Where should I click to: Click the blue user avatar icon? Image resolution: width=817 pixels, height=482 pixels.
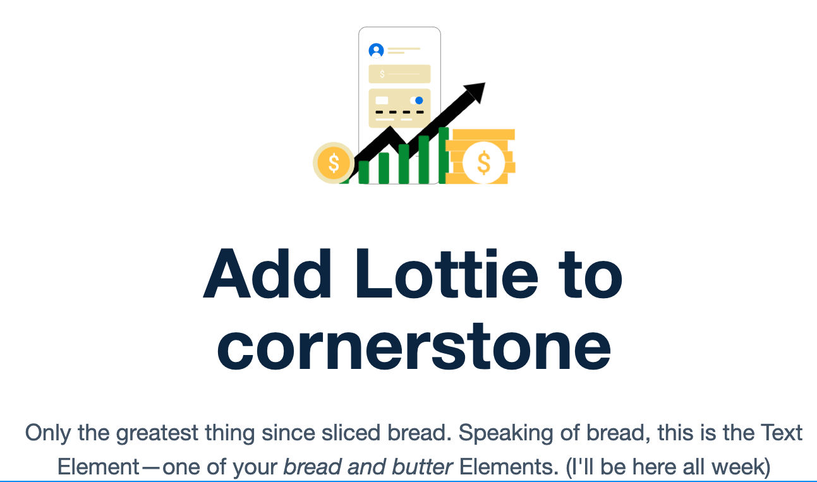tap(376, 51)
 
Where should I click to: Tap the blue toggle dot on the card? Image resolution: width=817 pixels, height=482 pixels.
tap(418, 100)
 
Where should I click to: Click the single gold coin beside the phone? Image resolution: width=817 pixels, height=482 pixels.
tap(334, 163)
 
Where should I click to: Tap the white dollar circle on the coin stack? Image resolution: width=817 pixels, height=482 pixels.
tap(483, 163)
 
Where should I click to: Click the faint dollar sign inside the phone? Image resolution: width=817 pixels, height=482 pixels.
tap(382, 75)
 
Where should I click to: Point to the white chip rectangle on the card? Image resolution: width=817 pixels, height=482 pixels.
tap(382, 100)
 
